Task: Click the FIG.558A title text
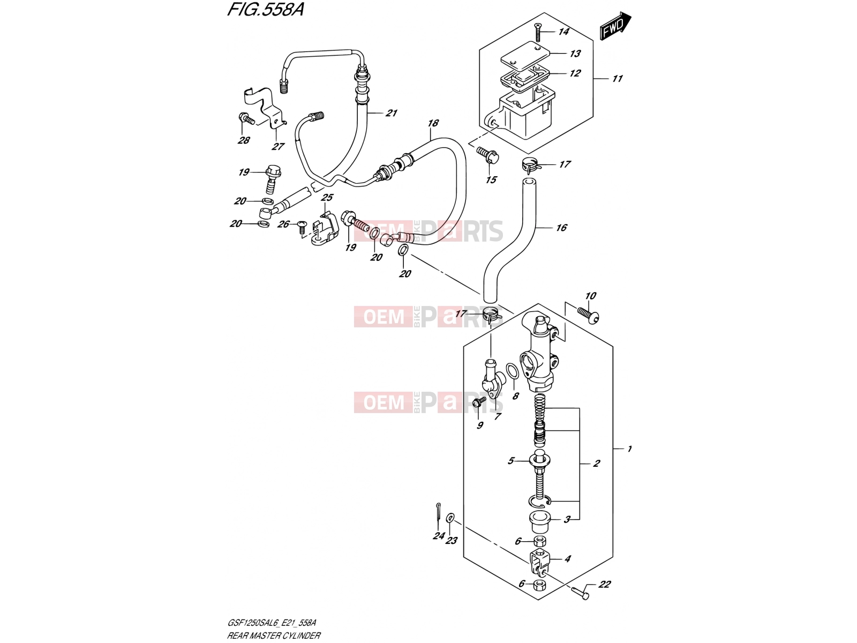click(266, 10)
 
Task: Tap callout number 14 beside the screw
click(563, 32)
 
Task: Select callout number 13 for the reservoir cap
click(575, 54)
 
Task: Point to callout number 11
click(617, 78)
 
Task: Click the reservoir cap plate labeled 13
click(525, 54)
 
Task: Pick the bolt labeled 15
click(488, 155)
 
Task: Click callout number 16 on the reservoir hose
click(561, 228)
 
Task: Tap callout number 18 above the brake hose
click(433, 123)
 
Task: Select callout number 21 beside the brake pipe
click(391, 113)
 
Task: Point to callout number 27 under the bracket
click(278, 147)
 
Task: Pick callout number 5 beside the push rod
click(510, 461)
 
